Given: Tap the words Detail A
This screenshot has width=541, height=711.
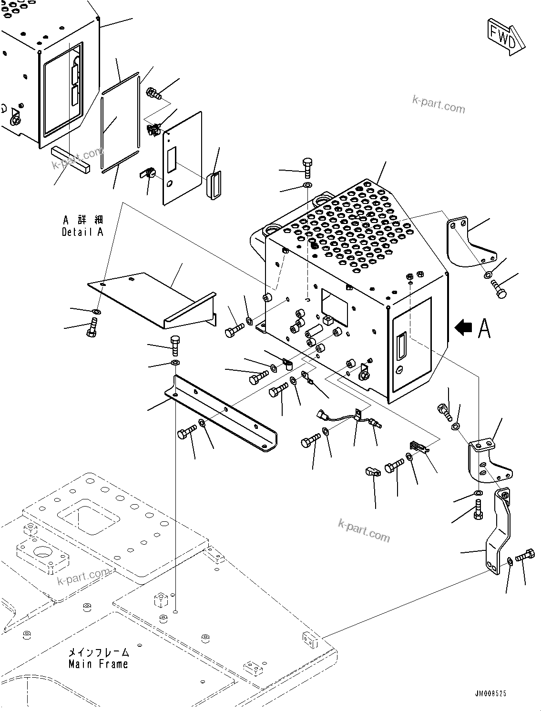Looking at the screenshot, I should click(x=82, y=232).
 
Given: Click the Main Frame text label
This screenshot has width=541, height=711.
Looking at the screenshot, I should click(x=99, y=663).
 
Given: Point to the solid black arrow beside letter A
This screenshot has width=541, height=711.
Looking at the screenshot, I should click(x=464, y=327).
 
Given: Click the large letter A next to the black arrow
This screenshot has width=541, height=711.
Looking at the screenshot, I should click(x=484, y=328).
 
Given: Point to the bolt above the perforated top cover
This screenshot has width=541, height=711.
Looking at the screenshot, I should click(x=307, y=166).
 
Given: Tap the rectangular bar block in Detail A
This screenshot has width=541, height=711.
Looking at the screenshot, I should click(x=70, y=160).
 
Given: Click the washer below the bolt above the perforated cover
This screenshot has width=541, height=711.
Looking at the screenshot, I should click(x=307, y=184).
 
